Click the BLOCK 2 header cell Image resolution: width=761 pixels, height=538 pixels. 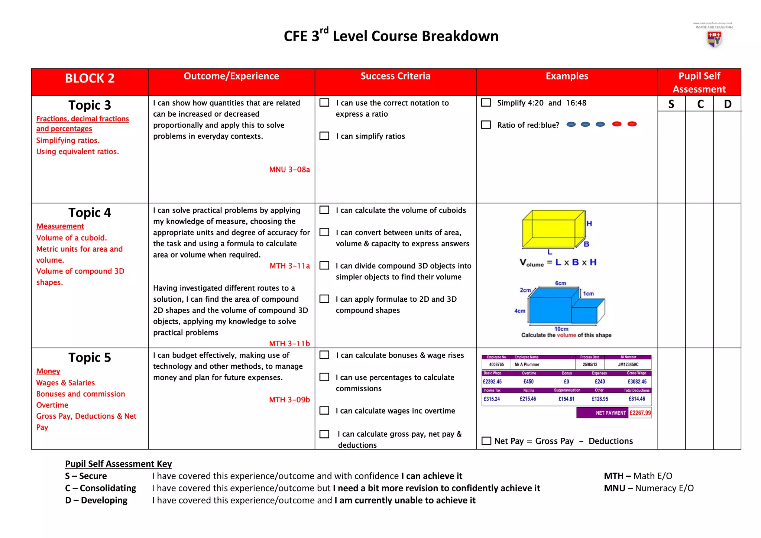tap(90, 78)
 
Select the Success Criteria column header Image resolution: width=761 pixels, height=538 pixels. tap(395, 76)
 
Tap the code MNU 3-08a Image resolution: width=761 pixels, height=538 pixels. tap(289, 170)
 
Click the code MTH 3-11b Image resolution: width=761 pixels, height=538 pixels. tap(289, 344)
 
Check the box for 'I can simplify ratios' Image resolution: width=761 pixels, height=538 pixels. tap(324, 136)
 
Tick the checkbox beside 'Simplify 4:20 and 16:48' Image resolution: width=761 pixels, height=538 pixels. tap(486, 103)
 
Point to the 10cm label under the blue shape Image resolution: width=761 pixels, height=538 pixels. tap(561, 329)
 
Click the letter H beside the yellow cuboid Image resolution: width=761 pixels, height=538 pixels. tap(589, 223)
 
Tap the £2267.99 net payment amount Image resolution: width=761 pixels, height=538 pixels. tap(640, 413)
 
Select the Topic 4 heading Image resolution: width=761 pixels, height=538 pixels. tap(90, 213)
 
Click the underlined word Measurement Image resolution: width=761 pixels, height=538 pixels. tap(60, 226)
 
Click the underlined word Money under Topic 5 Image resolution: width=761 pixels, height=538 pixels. tap(48, 371)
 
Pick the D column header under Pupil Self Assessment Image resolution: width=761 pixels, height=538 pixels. tap(727, 104)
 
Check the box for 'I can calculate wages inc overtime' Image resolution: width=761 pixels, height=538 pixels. tap(324, 411)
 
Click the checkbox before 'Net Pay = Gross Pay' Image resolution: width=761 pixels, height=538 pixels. tap(486, 441)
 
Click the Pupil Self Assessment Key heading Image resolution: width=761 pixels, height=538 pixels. tap(118, 464)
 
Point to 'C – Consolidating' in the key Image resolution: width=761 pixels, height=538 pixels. tap(100, 488)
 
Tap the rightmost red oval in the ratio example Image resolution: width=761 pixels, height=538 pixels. tap(632, 124)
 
